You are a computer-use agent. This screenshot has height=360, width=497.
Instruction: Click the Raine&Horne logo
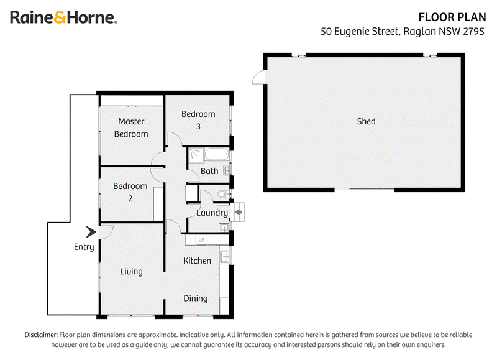[x=64, y=17]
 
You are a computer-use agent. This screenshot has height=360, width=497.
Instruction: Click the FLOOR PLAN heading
[x=452, y=17]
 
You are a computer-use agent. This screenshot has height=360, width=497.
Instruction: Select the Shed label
[x=366, y=121]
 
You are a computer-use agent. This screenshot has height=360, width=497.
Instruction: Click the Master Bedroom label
[x=131, y=127]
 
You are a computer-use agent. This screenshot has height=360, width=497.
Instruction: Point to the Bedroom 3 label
[x=198, y=120]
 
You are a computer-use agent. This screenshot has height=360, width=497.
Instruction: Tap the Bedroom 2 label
[x=130, y=192]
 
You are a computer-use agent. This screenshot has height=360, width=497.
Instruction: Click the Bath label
[x=209, y=171]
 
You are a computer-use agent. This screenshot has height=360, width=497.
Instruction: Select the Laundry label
[x=212, y=213]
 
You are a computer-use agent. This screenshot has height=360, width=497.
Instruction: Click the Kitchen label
[x=197, y=261]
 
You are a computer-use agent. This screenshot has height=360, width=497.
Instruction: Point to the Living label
[x=131, y=272]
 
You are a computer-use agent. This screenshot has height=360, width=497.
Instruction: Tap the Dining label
[x=196, y=298]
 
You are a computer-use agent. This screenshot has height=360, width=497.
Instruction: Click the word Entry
[x=84, y=247]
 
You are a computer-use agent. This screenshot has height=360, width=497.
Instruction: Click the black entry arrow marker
[x=91, y=232]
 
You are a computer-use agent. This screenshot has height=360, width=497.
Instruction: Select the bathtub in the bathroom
[x=217, y=154]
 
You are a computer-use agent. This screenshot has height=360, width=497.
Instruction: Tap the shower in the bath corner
[x=196, y=155]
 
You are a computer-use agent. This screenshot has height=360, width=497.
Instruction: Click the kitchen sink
[x=225, y=257]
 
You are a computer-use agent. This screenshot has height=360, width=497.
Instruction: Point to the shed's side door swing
[x=259, y=77]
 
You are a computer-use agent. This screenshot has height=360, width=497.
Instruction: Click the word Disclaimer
[x=41, y=335]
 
